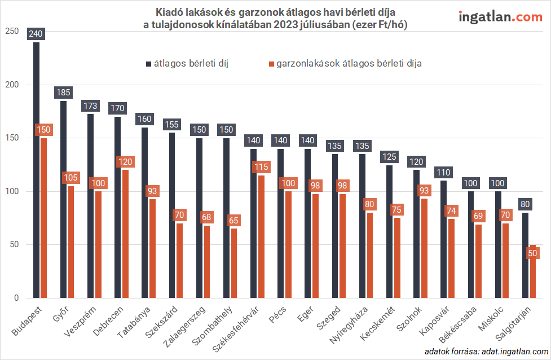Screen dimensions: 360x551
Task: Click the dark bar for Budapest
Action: pos(36,169)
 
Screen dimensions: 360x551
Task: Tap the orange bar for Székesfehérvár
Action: pos(261,236)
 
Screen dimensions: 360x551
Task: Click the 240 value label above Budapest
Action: pos(36,33)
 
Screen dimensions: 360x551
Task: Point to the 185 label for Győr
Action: pos(63,92)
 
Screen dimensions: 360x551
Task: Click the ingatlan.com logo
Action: pos(500,17)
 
